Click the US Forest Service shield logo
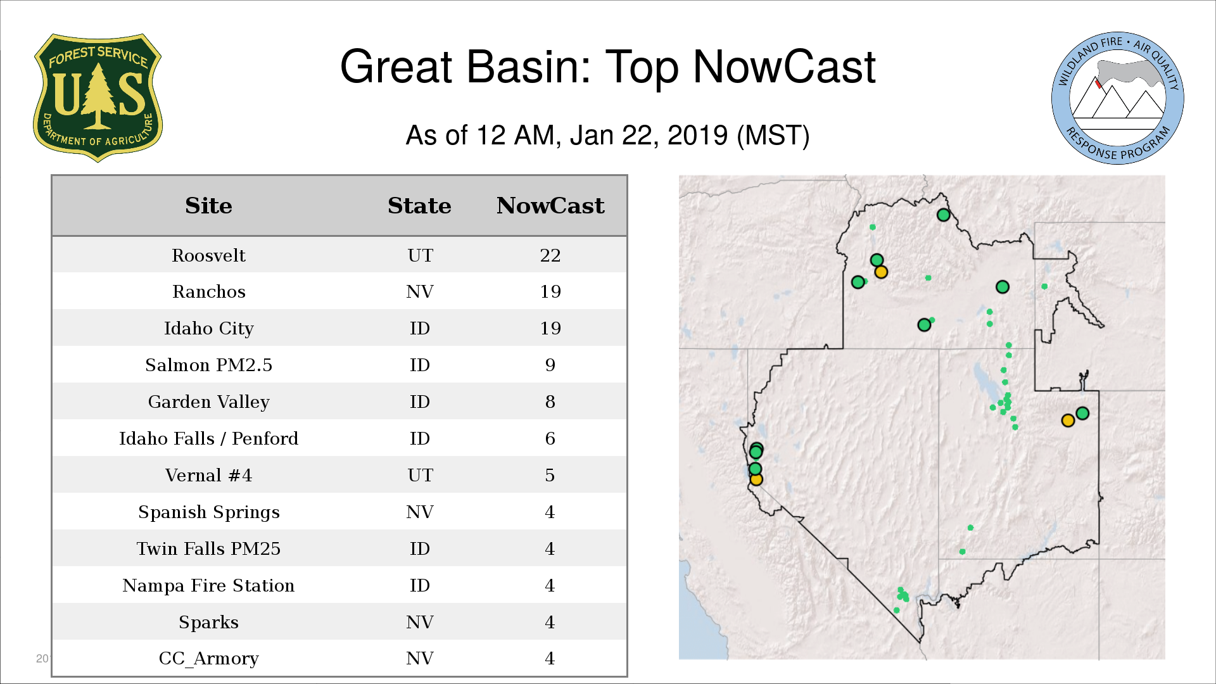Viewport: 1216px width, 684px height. tap(98, 98)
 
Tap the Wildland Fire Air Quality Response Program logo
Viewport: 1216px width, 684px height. tap(1117, 98)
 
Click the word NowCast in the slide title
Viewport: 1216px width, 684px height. tap(784, 66)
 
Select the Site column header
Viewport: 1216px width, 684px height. tap(208, 206)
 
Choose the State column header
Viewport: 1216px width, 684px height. tap(419, 206)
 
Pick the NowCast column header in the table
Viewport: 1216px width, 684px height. tap(550, 206)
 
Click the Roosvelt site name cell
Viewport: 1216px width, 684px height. tap(208, 255)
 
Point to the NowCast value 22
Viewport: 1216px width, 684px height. tap(550, 255)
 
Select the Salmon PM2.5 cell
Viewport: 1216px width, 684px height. tap(208, 365)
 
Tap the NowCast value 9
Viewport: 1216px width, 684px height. tap(550, 365)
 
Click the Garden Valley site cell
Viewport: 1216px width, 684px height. tap(208, 402)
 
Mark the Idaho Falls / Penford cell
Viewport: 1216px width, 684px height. tap(208, 438)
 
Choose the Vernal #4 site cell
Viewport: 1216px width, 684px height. tap(208, 475)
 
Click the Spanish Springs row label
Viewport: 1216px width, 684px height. tap(208, 512)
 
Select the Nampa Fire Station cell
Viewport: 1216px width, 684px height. tap(208, 585)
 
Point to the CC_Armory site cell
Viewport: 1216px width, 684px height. tap(208, 659)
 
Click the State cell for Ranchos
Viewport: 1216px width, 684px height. tap(420, 291)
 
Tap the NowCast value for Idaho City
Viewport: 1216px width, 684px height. tap(550, 328)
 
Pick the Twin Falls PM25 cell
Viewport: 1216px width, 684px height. tap(208, 548)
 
